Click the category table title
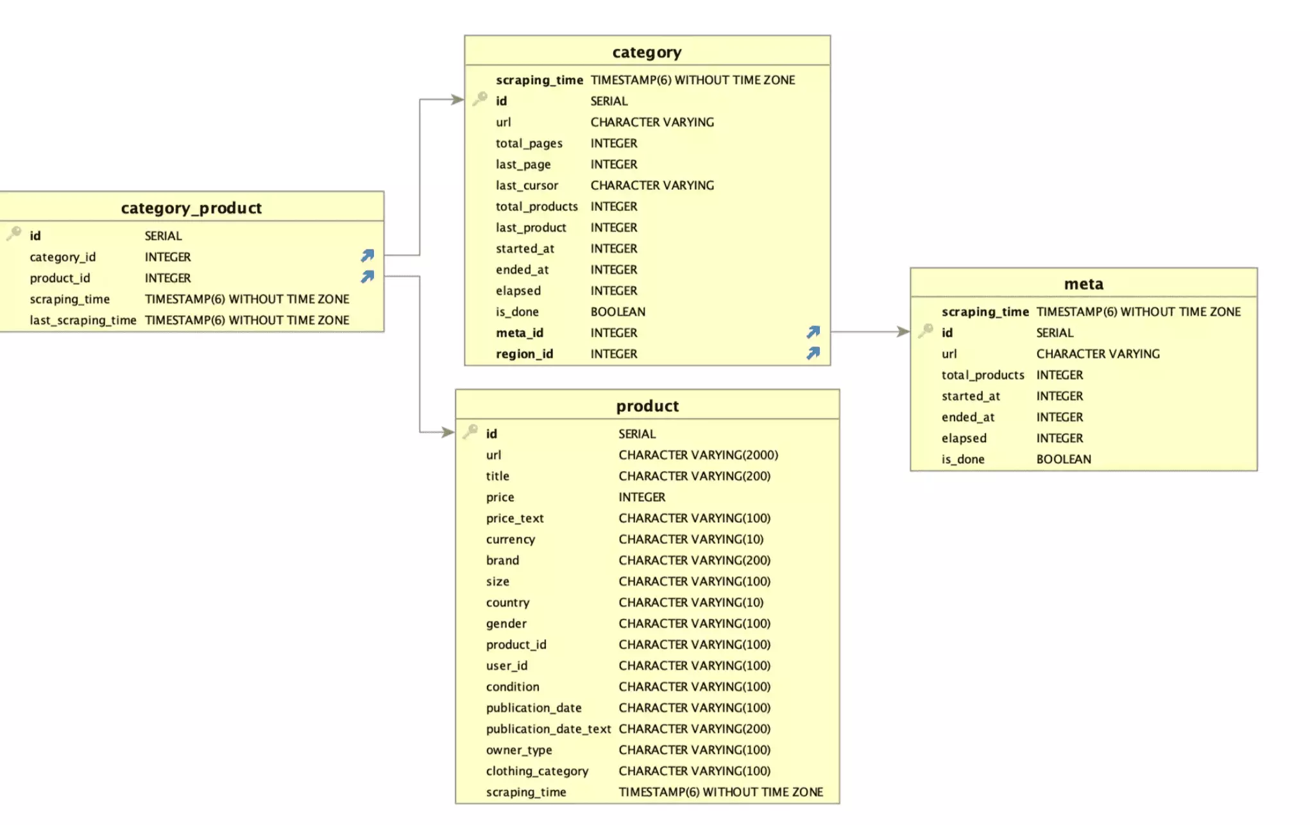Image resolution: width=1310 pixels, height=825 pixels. pyautogui.click(x=647, y=52)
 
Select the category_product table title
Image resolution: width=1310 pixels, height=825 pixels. pyautogui.click(x=191, y=208)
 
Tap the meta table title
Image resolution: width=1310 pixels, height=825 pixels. pyautogui.click(x=1084, y=284)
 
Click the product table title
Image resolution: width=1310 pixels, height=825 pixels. pyautogui.click(x=647, y=406)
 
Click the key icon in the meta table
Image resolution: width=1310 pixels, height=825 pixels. pyautogui.click(x=925, y=331)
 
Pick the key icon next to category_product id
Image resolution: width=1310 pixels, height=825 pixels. pyautogui.click(x=13, y=234)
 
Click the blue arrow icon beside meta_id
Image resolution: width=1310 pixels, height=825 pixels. pyautogui.click(x=813, y=332)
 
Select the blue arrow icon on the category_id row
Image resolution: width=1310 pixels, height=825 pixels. pyautogui.click(x=367, y=256)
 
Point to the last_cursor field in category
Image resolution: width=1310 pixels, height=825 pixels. pyautogui.click(x=527, y=185)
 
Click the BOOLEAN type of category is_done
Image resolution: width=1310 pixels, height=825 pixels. pyautogui.click(x=618, y=312)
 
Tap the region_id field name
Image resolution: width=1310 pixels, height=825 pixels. pyautogui.click(x=524, y=354)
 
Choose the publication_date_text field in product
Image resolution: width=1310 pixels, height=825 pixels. pyautogui.click(x=548, y=729)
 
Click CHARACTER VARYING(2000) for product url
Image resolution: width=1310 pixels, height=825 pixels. pyautogui.click(x=698, y=455)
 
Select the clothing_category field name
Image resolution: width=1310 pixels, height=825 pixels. pyautogui.click(x=537, y=771)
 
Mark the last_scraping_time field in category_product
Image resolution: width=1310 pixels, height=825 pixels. pyautogui.click(x=83, y=320)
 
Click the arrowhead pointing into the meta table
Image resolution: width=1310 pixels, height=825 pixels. pyautogui.click(x=903, y=332)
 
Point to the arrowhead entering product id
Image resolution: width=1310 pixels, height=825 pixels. pyautogui.click(x=448, y=432)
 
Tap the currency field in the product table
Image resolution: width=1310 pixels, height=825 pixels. pyautogui.click(x=510, y=540)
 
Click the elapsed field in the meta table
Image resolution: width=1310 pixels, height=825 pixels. pyautogui.click(x=964, y=438)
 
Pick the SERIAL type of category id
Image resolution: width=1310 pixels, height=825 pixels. pyautogui.click(x=609, y=101)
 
